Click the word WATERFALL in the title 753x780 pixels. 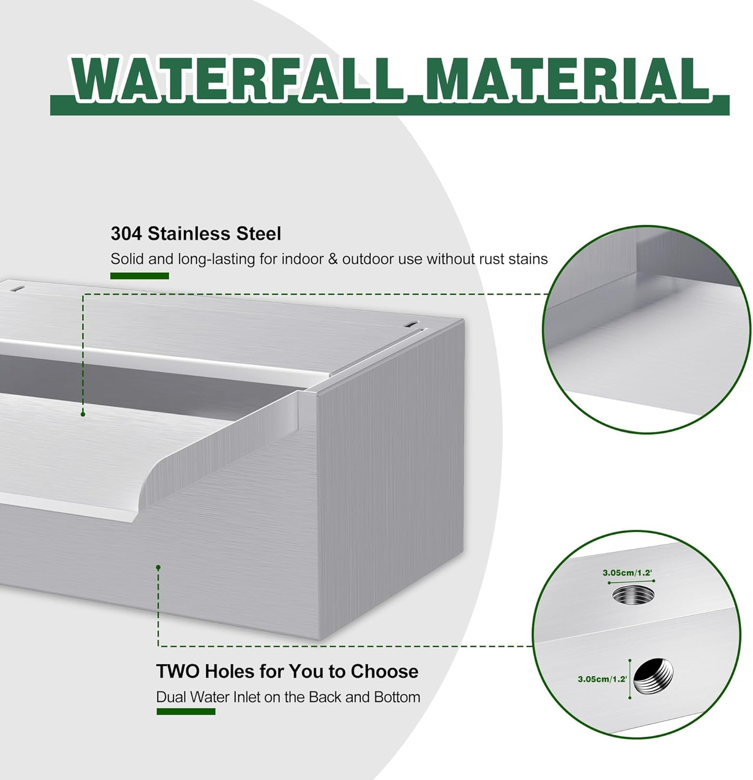tap(237, 80)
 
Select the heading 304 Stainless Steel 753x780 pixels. tap(196, 233)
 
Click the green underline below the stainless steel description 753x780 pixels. tap(139, 276)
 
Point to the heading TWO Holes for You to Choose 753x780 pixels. tap(287, 671)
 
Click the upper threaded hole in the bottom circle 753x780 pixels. tap(633, 594)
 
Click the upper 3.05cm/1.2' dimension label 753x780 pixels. tap(627, 573)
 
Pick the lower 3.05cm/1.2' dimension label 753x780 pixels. tap(602, 679)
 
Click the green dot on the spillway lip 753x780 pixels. tap(83, 414)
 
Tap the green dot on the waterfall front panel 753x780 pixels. tap(158, 567)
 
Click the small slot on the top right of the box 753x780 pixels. tap(411, 324)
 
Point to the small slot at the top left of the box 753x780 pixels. tap(19, 288)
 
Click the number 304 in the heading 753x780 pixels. tap(126, 233)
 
